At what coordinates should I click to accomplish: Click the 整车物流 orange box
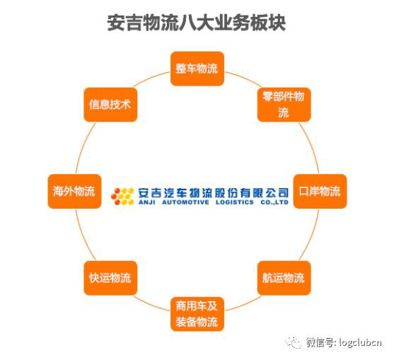point(197,69)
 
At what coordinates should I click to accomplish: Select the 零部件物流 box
point(284,105)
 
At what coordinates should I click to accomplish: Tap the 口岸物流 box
point(320,192)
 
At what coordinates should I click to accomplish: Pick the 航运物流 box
point(284,278)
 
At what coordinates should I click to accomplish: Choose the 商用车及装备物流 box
point(197,314)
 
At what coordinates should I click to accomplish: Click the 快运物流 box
point(110,278)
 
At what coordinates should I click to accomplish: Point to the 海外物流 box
point(75,192)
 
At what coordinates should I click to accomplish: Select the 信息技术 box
point(110,105)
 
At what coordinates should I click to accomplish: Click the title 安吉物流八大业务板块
point(196,23)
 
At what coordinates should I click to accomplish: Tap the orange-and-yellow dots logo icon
point(122,196)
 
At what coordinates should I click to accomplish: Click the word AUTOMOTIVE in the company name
point(185,202)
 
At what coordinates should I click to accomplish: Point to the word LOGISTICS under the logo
point(235,202)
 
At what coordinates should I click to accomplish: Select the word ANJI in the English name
point(146,202)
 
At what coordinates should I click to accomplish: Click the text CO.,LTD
point(274,202)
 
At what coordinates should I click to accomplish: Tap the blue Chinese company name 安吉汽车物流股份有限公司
point(214,193)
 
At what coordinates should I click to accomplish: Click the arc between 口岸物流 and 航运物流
point(311,236)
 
